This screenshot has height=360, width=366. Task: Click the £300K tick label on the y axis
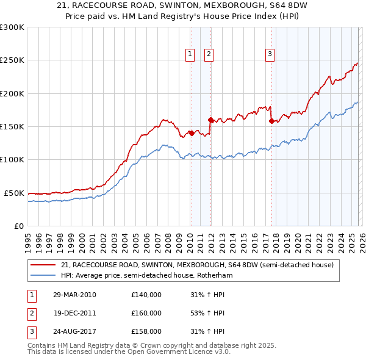[x=12, y=27]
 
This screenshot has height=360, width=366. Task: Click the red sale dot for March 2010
[x=191, y=133]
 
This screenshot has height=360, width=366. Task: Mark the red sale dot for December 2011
[x=210, y=120]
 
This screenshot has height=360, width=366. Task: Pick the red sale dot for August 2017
[x=271, y=121]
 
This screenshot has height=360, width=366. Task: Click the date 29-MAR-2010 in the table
[x=74, y=295]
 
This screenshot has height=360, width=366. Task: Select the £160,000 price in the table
[x=146, y=313]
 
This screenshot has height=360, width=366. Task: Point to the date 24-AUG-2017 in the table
[x=74, y=331]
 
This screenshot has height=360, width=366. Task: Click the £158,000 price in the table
[x=146, y=331]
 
